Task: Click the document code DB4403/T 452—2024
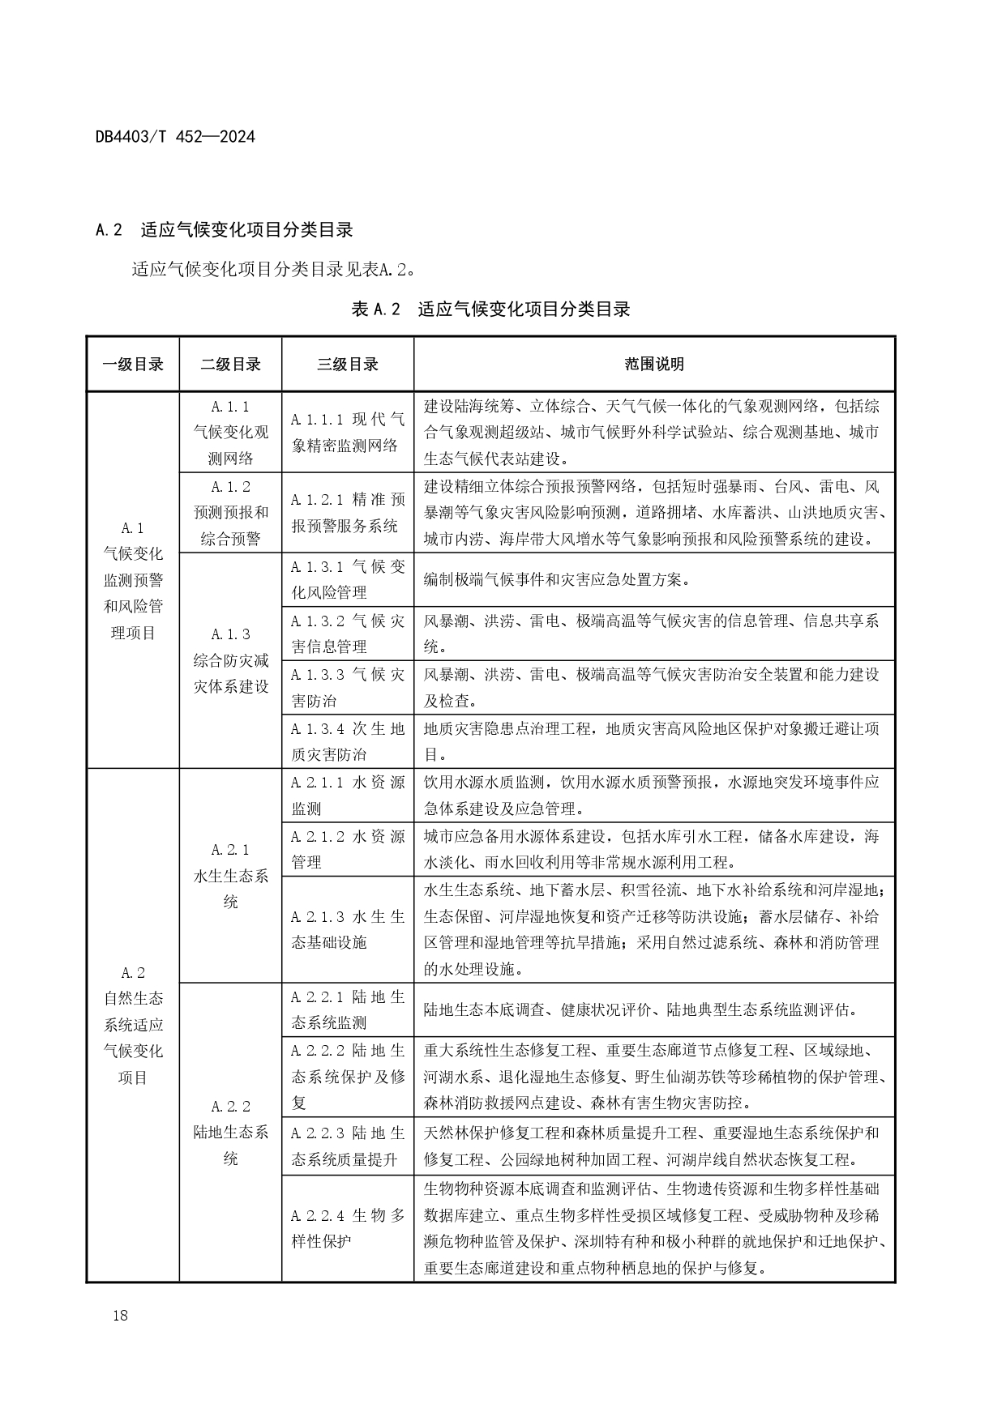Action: (175, 137)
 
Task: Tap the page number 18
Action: (120, 1315)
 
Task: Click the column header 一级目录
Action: (133, 365)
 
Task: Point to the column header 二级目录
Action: (230, 365)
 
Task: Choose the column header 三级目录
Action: (347, 365)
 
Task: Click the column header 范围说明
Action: (653, 365)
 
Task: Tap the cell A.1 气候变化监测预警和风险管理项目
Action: (133, 580)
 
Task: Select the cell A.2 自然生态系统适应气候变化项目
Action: (133, 1025)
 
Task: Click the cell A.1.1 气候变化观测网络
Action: (230, 432)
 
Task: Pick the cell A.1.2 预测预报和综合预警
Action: (230, 512)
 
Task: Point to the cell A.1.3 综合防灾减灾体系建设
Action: (230, 660)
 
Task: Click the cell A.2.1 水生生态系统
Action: (230, 876)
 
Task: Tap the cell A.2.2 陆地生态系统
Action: (230, 1133)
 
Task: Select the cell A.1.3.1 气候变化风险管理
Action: (347, 579)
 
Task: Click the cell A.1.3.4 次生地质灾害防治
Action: (347, 741)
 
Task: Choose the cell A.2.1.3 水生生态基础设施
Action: (347, 929)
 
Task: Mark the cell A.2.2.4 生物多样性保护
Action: (347, 1228)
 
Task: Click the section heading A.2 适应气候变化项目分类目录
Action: (224, 230)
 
